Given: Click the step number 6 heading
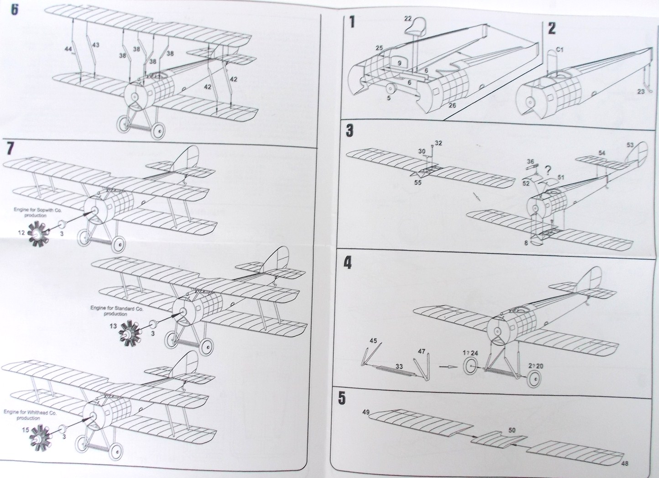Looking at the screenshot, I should [15, 11].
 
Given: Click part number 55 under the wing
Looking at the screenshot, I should [418, 183].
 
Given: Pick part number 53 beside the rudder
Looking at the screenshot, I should [630, 145].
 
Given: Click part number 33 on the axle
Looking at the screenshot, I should [399, 366].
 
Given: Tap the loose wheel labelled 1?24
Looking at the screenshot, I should [471, 366].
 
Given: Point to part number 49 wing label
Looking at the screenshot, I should [366, 412].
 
